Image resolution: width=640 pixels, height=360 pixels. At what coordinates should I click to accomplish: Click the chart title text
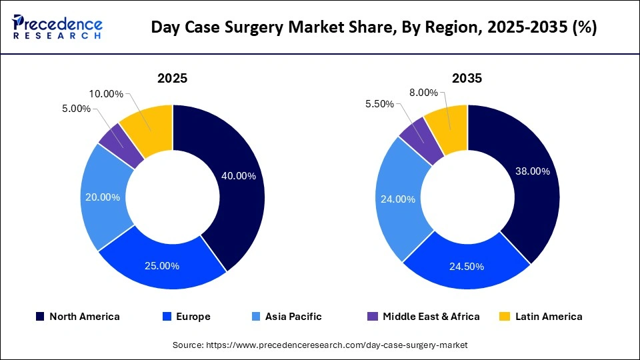tap(373, 27)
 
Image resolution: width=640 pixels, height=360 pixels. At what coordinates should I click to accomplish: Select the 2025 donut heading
tap(172, 78)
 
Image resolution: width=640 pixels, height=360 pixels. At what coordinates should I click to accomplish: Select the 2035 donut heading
tap(467, 78)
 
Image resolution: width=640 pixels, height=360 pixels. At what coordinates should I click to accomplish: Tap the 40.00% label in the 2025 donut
tap(238, 176)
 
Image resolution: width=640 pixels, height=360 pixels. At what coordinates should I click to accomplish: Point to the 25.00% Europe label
tap(162, 265)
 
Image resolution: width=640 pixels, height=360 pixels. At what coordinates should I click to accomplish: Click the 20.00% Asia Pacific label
tap(103, 197)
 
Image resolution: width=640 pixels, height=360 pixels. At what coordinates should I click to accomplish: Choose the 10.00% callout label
tap(105, 94)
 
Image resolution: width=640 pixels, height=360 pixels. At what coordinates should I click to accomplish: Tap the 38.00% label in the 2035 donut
tap(533, 171)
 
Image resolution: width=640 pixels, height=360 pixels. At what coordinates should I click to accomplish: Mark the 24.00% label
tap(398, 199)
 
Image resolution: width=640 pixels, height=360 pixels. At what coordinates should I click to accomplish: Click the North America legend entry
tap(78, 317)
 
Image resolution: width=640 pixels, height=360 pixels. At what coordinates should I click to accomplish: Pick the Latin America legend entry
tap(541, 317)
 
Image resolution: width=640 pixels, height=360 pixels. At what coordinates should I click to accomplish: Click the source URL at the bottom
tap(320, 345)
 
